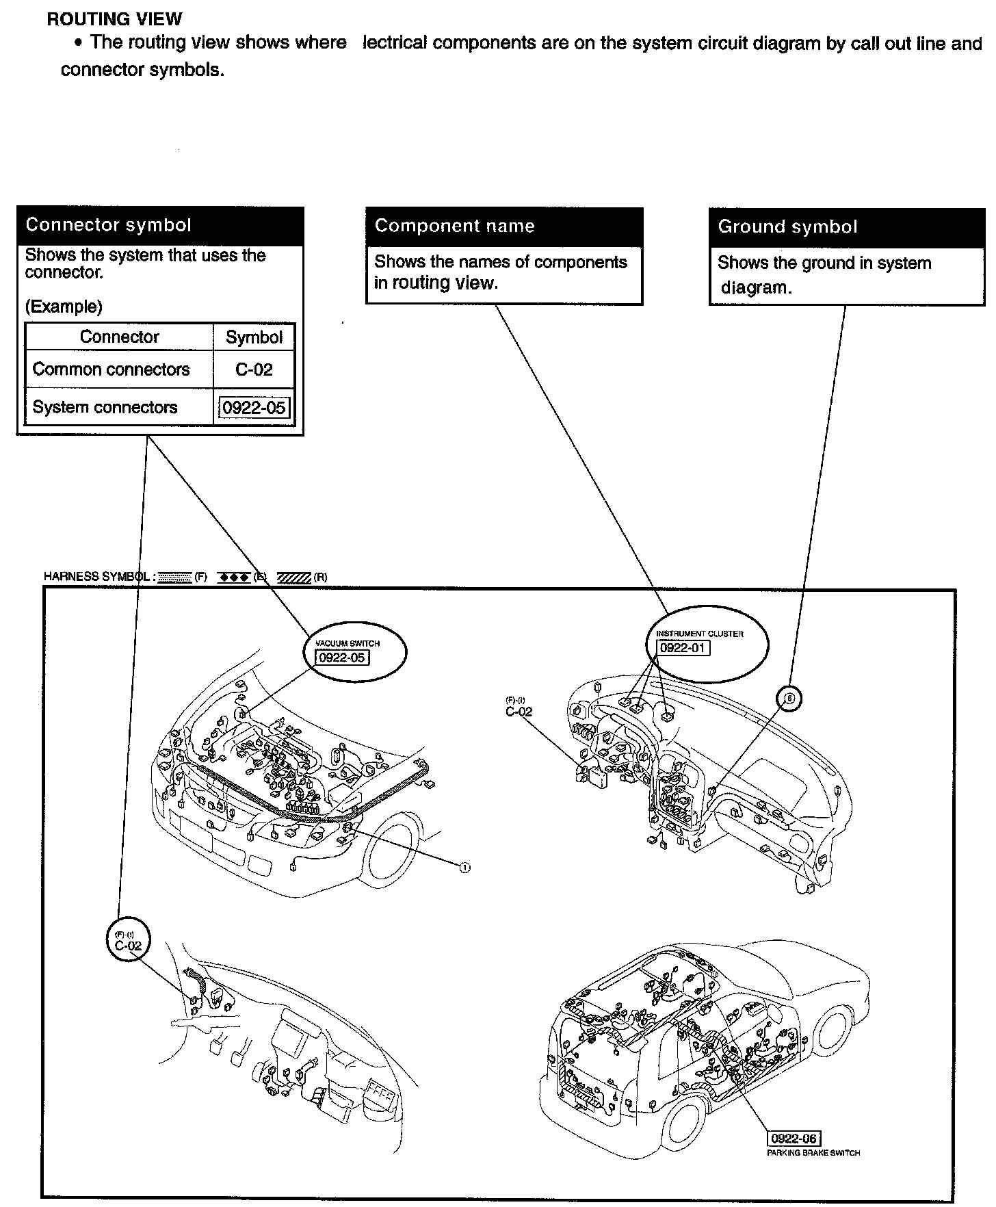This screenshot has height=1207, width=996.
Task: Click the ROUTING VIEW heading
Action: [114, 19]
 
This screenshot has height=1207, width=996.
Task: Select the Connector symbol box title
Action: [108, 225]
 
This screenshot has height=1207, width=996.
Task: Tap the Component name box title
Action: [454, 226]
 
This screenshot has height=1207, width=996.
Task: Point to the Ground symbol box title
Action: [787, 226]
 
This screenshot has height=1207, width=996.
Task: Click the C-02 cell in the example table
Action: [254, 369]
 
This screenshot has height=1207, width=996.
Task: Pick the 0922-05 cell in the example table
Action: [254, 408]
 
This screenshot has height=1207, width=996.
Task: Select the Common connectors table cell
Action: [111, 369]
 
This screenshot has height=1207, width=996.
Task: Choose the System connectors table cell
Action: [105, 407]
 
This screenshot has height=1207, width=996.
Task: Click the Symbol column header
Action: [254, 337]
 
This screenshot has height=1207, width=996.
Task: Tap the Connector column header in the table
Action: [119, 337]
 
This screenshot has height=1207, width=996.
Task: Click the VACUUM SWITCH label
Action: [347, 644]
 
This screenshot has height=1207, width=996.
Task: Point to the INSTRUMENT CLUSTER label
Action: [699, 634]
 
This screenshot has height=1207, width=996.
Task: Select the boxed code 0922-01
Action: [683, 648]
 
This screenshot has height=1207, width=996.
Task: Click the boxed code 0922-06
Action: [794, 1139]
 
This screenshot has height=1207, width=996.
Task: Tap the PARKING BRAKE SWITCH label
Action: [813, 1153]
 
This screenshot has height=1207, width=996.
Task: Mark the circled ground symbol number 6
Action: [789, 699]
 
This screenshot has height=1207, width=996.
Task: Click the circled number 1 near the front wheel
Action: [464, 868]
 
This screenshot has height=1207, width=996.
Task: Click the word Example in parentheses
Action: [64, 307]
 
